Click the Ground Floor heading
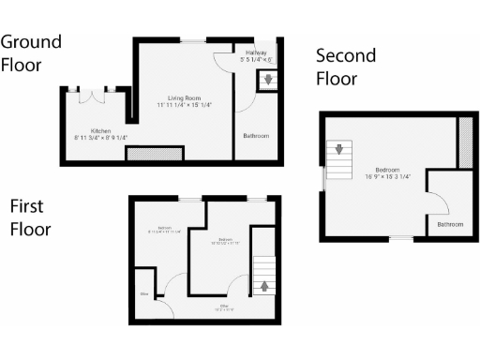pos(31,53)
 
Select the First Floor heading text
pos(30,217)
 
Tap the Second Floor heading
pos(345,67)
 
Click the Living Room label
pos(184,98)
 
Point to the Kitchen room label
pos(100,130)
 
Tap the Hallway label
pos(256,52)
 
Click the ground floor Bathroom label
pos(256,137)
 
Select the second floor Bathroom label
pos(450,225)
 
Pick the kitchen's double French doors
pos(92,95)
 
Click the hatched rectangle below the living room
pos(155,152)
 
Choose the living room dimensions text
pos(185,106)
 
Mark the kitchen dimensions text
pos(100,138)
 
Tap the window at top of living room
pos(195,40)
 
